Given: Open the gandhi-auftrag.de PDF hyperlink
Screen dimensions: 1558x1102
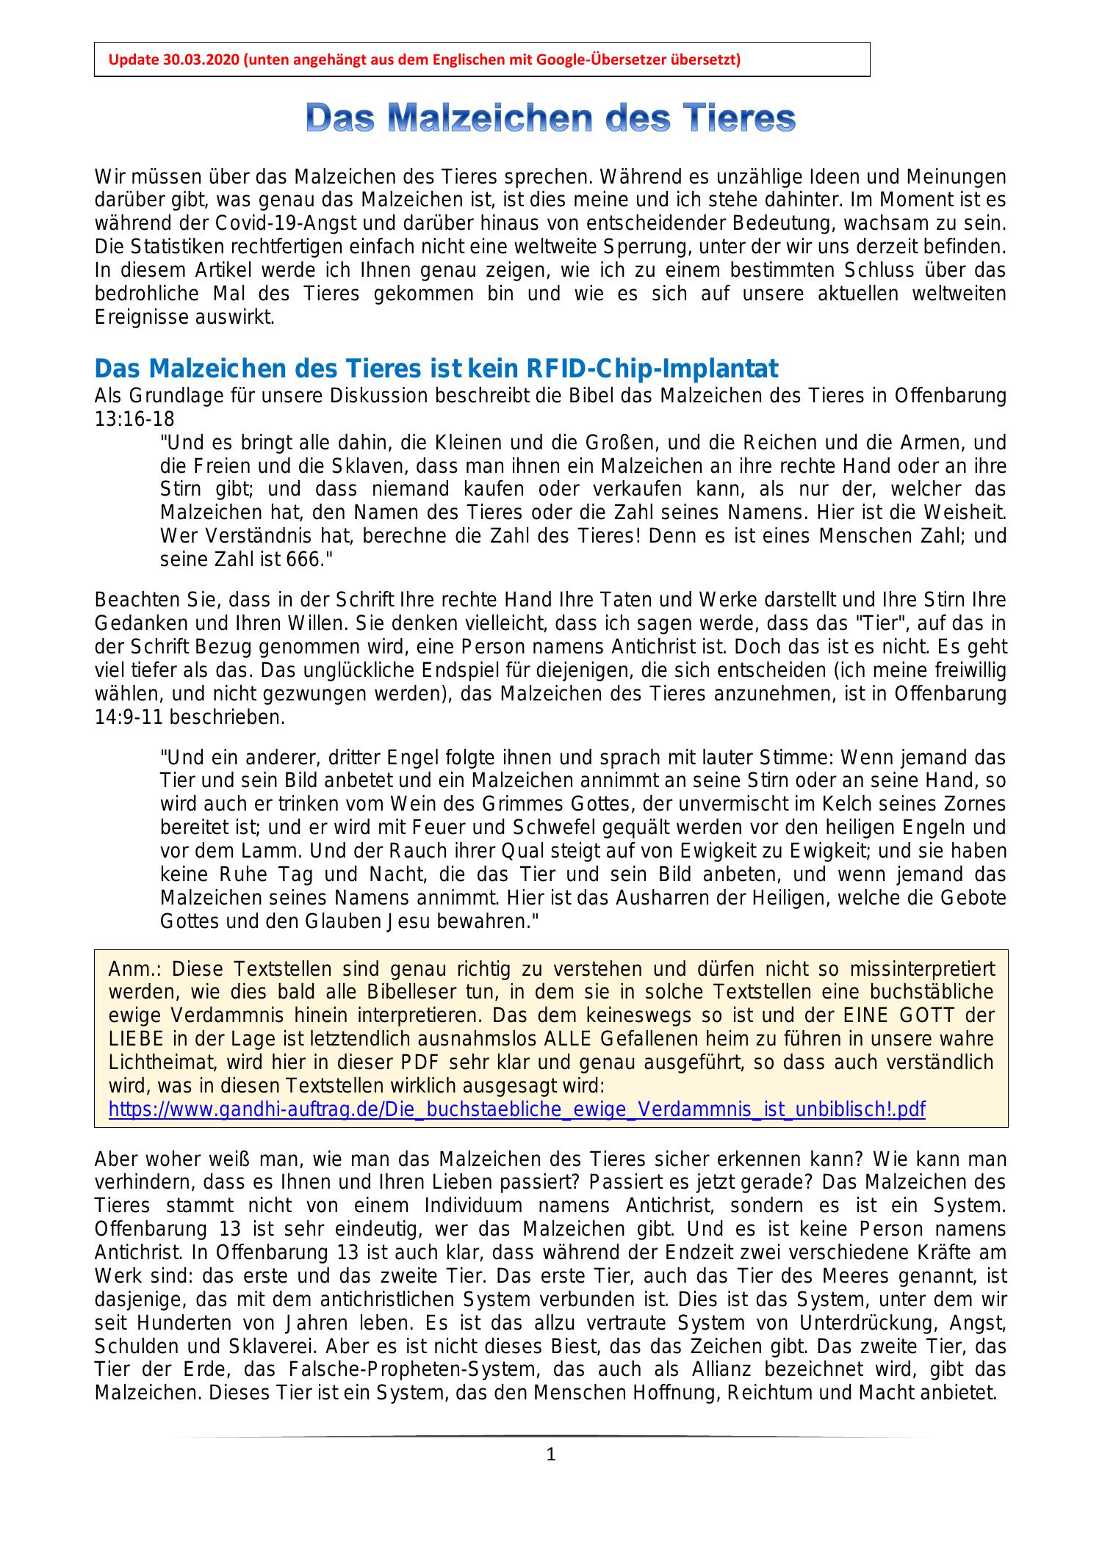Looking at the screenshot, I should pyautogui.click(x=516, y=1109).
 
